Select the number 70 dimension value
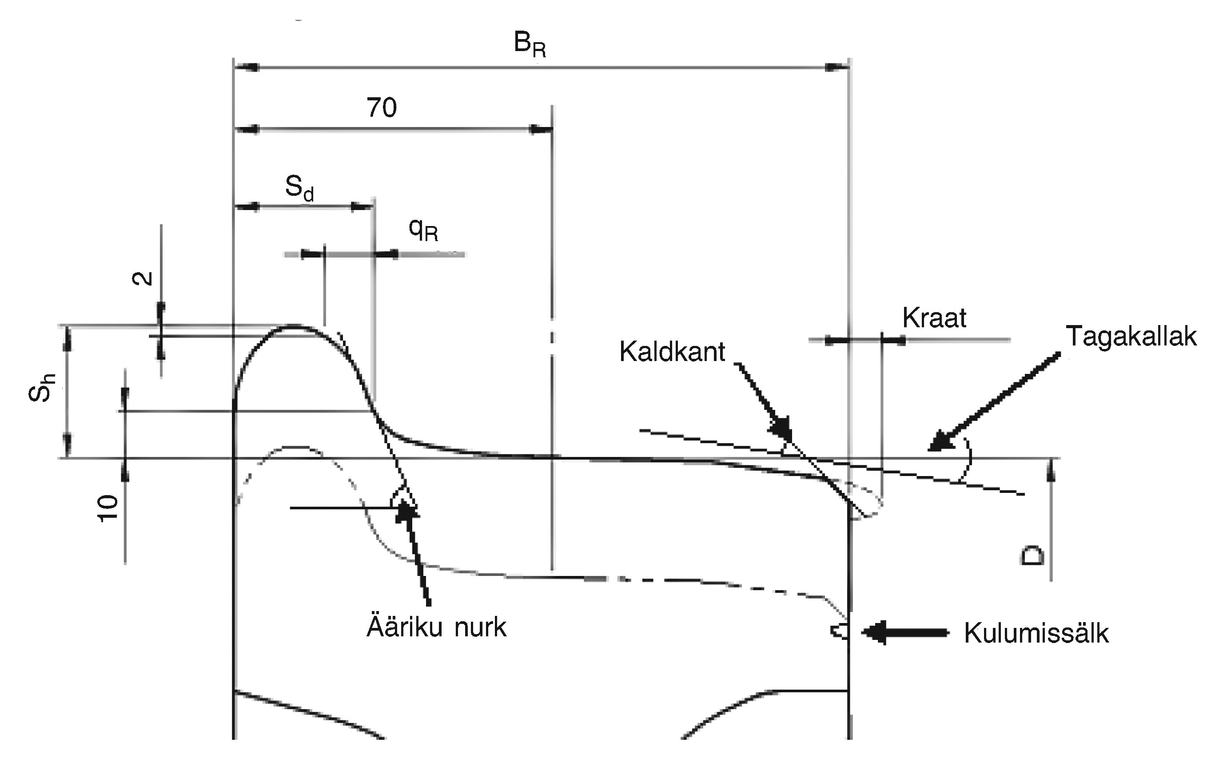[x=382, y=107]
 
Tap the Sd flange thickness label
[x=299, y=188]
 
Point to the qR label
[x=423, y=230]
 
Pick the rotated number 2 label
[x=143, y=278]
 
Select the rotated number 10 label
[x=108, y=508]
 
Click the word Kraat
[x=934, y=318]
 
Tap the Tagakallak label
[x=1131, y=337]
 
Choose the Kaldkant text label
[x=672, y=352]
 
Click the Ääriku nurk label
[x=436, y=627]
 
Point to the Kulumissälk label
[x=1036, y=633]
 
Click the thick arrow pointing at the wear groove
[x=905, y=632]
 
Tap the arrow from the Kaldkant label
[x=763, y=399]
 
